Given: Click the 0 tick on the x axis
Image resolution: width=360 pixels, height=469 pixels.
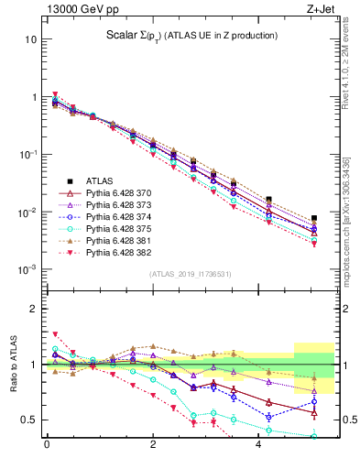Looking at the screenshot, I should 47,446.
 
